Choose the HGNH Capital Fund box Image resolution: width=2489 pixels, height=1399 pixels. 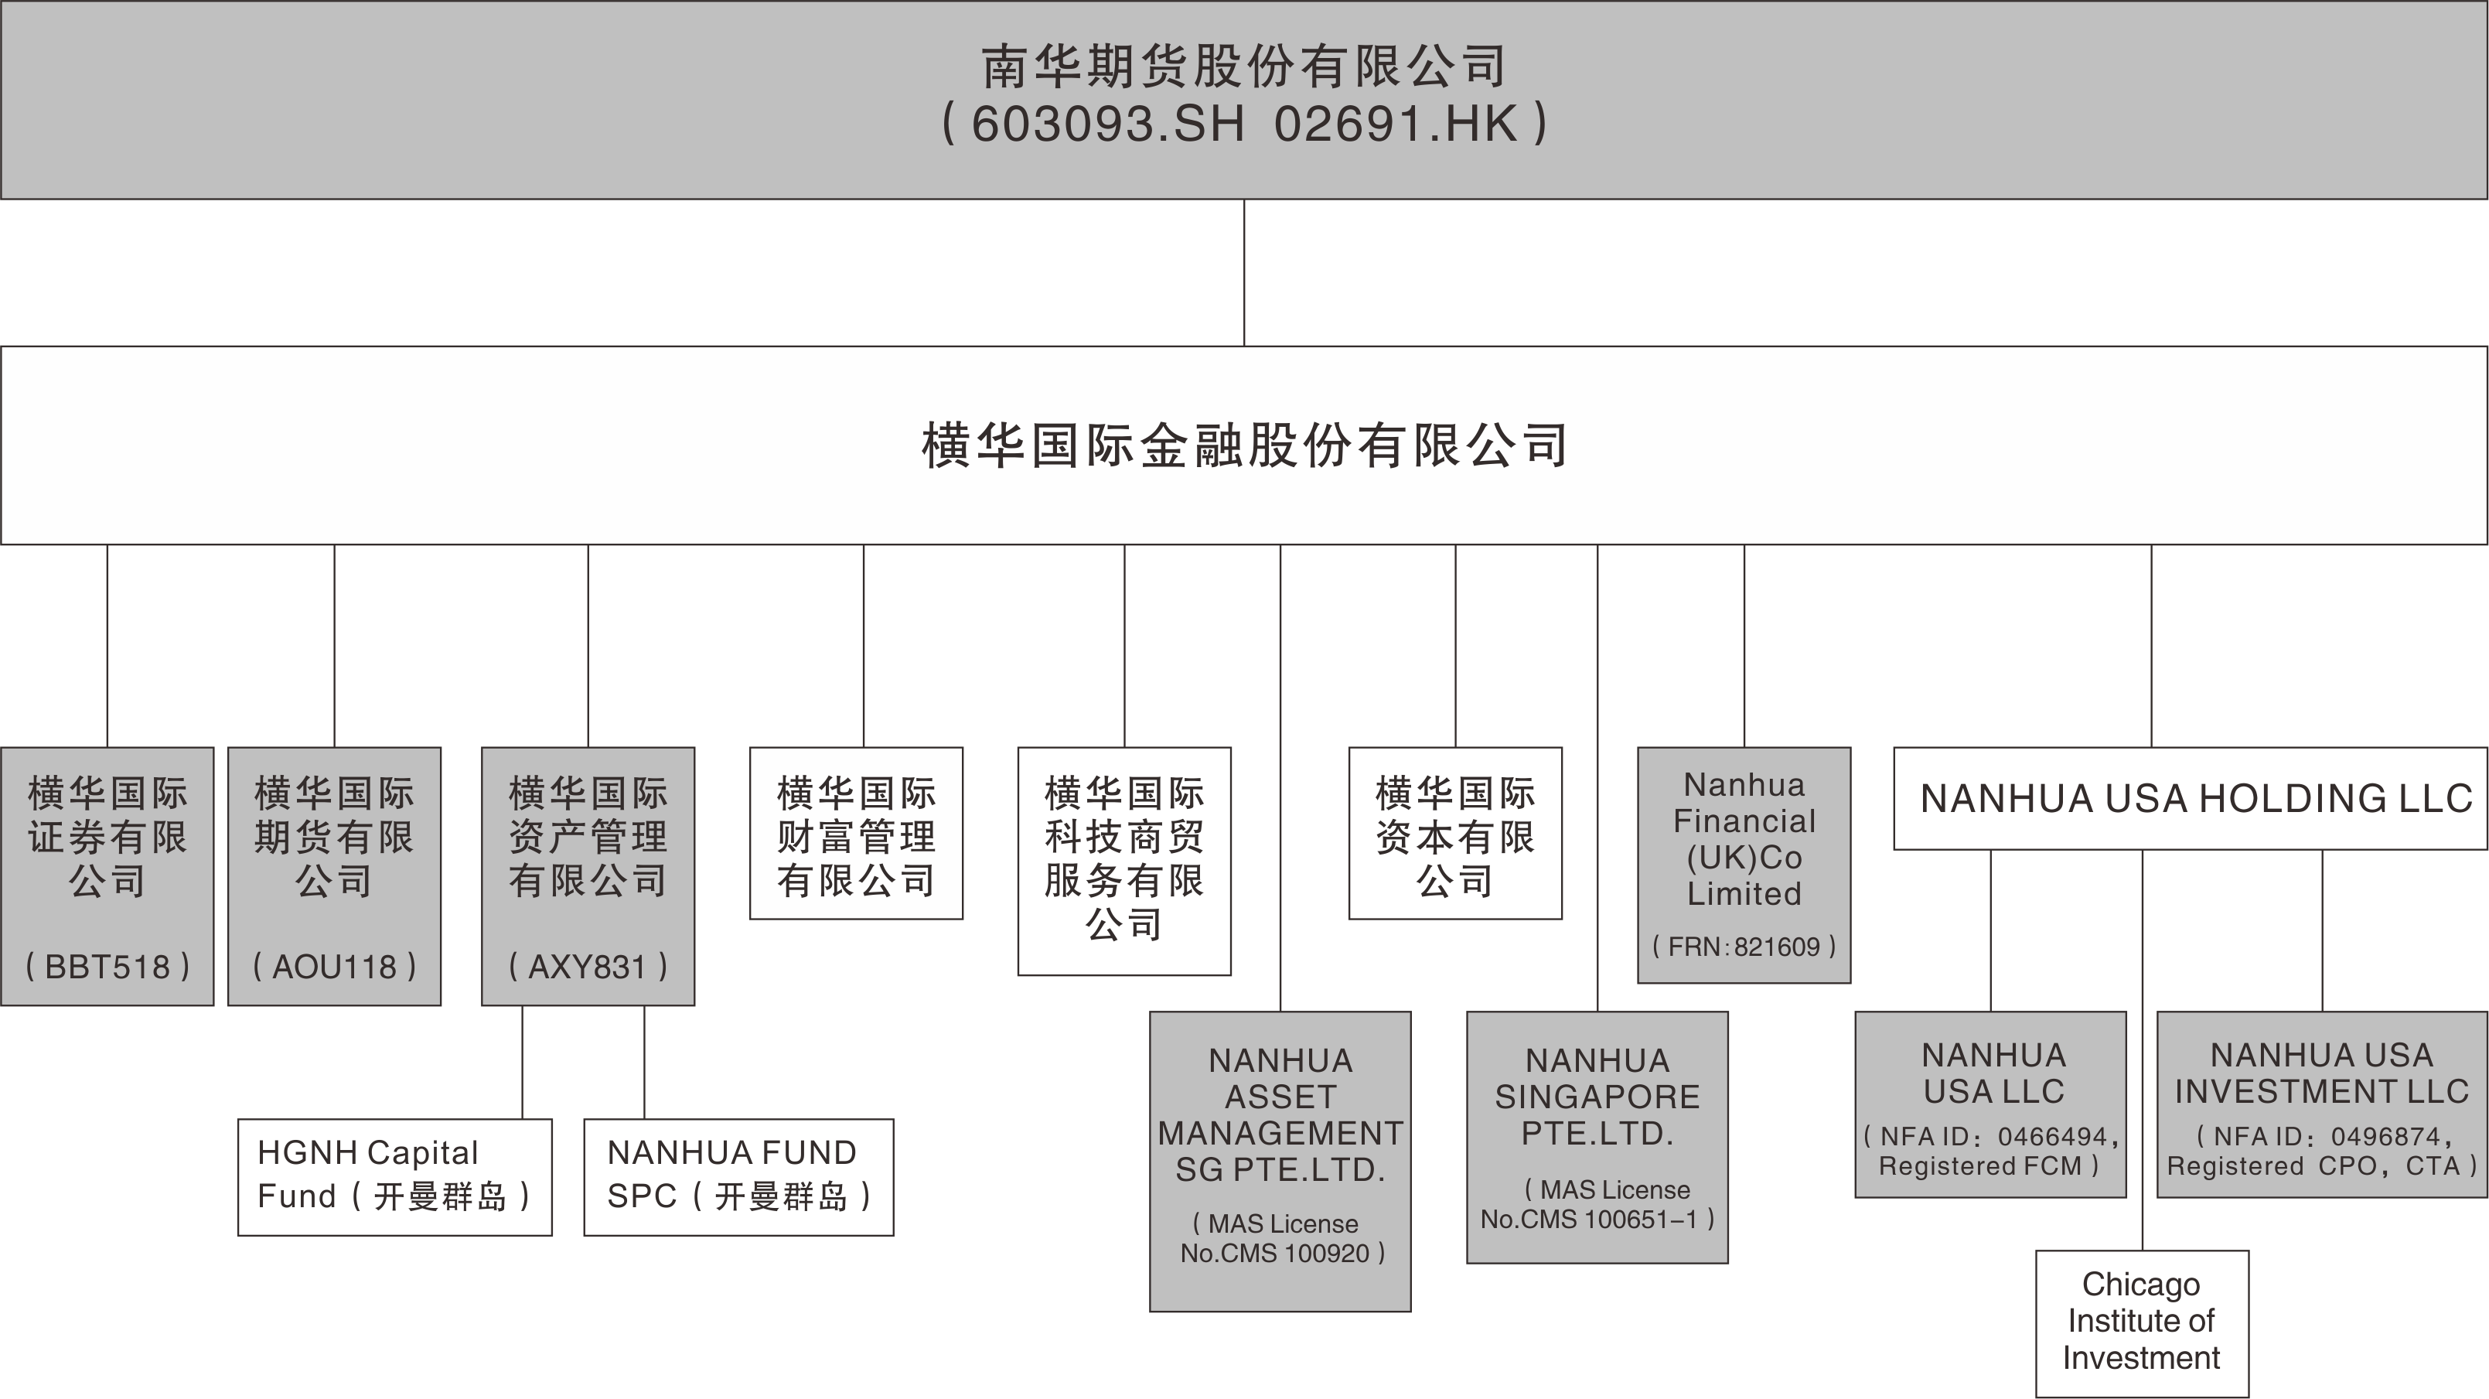tap(394, 1177)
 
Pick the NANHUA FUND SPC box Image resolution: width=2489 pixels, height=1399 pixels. tap(738, 1177)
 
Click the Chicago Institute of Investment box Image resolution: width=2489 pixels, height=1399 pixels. tap(2141, 1322)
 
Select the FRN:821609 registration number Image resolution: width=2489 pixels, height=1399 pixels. tap(1744, 947)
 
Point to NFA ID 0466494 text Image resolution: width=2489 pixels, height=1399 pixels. tap(1993, 1137)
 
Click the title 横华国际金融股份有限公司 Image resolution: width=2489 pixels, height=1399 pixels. tap(1245, 445)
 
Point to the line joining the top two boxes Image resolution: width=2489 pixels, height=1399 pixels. tap(1245, 272)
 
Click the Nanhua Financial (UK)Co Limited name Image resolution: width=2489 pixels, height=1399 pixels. tap(1744, 838)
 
